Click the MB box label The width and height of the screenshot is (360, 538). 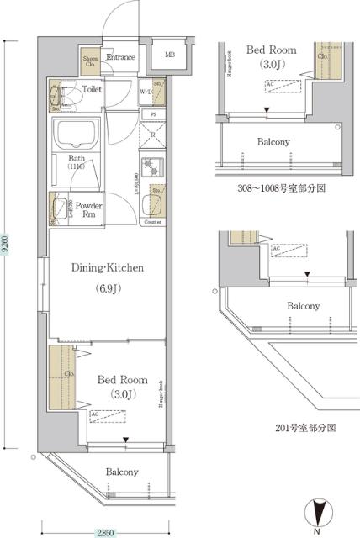click(x=170, y=55)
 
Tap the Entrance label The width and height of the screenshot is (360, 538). click(x=120, y=56)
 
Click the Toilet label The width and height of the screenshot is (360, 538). click(x=93, y=87)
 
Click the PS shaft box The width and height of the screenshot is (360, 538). click(x=153, y=113)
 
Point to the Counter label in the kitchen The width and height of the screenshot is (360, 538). click(x=152, y=222)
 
